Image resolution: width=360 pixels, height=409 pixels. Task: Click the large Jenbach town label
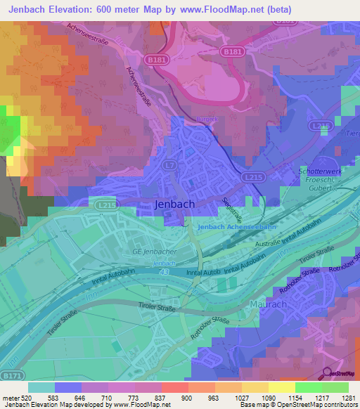(x=175, y=204)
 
